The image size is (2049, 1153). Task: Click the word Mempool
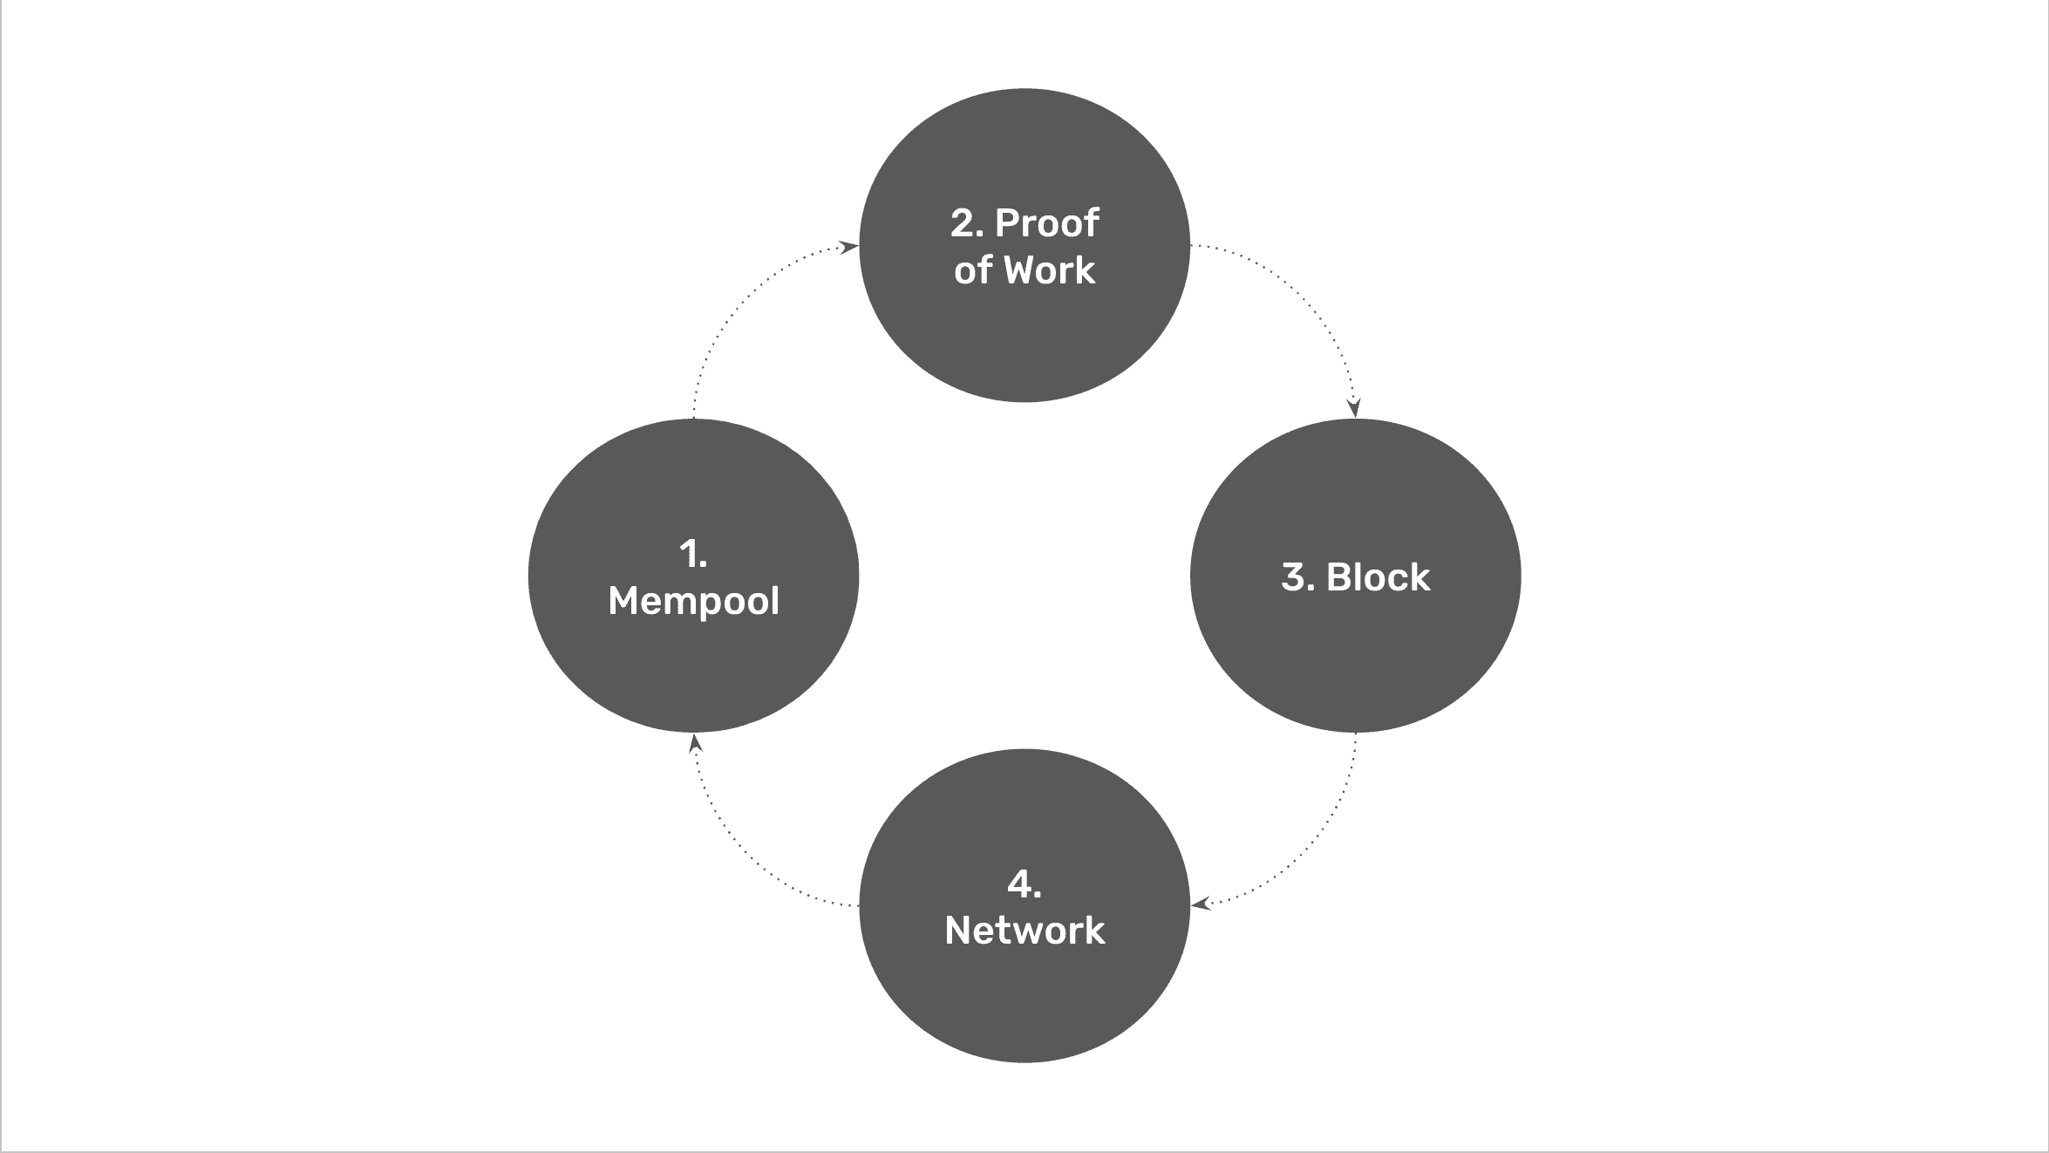693,601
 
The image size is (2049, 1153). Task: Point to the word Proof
1047,223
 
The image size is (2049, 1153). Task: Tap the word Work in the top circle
1049,270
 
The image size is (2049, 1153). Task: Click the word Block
1378,577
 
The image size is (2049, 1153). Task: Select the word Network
1024,931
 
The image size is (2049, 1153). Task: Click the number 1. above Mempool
693,555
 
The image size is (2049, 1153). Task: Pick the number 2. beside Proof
967,223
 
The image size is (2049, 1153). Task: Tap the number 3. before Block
1297,577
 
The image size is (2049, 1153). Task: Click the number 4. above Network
1024,884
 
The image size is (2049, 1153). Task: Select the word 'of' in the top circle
973,270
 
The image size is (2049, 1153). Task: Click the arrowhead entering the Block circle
1353,408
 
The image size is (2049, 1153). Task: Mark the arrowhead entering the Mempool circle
695,744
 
